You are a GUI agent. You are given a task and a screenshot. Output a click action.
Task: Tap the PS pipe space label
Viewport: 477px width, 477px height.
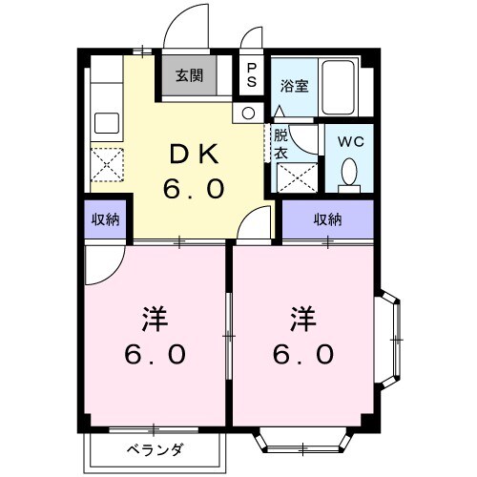252,74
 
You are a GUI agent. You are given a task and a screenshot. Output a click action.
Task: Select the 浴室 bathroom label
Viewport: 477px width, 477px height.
292,84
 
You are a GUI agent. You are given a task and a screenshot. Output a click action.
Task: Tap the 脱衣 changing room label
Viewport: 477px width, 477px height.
283,143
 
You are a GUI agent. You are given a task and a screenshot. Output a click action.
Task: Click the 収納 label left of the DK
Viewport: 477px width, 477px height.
105,220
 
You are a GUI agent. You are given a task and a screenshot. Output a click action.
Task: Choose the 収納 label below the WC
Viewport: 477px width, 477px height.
328,220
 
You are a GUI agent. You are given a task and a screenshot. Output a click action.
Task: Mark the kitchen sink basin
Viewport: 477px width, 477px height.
106,124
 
